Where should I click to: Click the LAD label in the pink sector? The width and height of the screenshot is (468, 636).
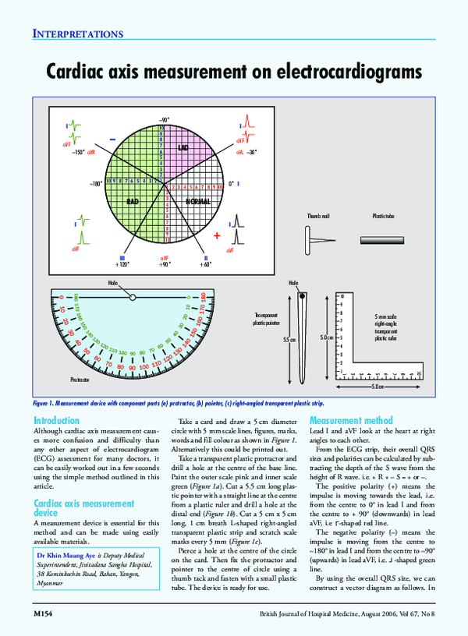pyautogui.click(x=183, y=147)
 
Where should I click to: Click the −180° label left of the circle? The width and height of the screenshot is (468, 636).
pyautogui.click(x=96, y=184)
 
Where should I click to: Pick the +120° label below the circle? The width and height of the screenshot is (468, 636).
pyautogui.click(x=122, y=264)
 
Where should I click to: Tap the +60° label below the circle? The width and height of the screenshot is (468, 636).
pyautogui.click(x=205, y=264)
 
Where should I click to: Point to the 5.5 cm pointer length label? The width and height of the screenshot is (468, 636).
pyautogui.click(x=288, y=340)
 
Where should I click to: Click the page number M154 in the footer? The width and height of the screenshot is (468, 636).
pyautogui.click(x=42, y=615)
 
